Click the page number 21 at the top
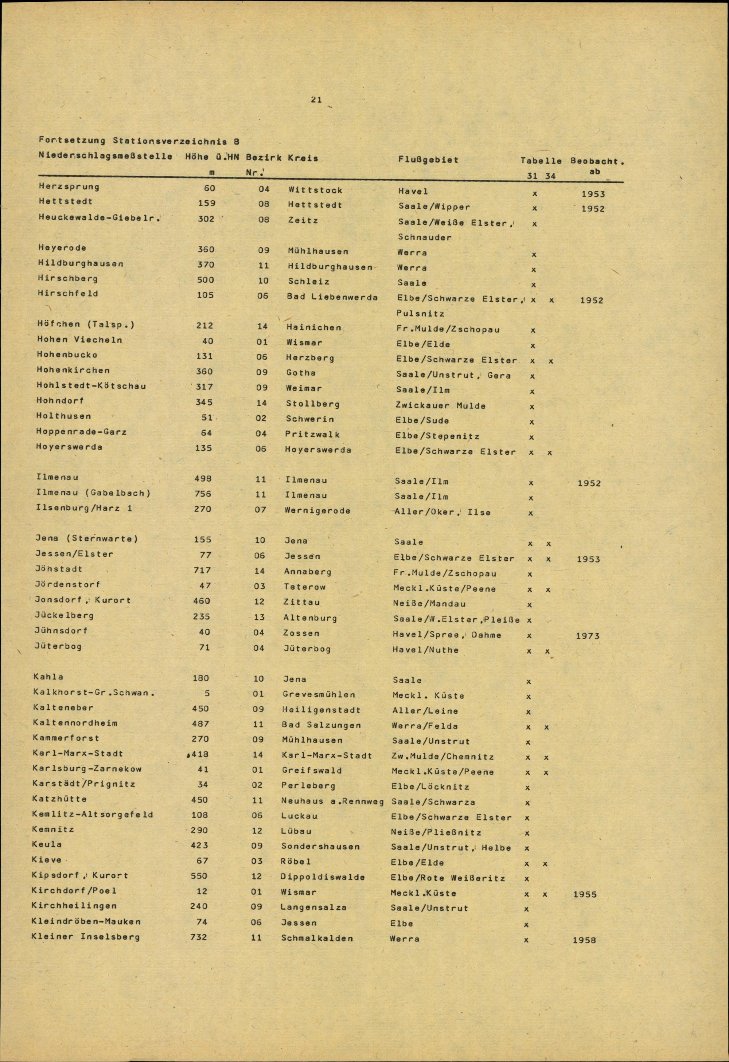[316, 99]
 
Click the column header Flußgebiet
[428, 160]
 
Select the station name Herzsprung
[69, 187]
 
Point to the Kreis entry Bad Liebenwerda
[332, 297]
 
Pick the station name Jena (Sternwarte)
[87, 538]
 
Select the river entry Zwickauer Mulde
[440, 405]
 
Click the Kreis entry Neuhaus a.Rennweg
[332, 801]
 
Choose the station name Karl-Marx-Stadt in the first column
[78, 753]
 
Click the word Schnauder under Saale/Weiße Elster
[425, 238]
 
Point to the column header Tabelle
[541, 161]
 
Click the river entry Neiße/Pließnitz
[436, 832]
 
